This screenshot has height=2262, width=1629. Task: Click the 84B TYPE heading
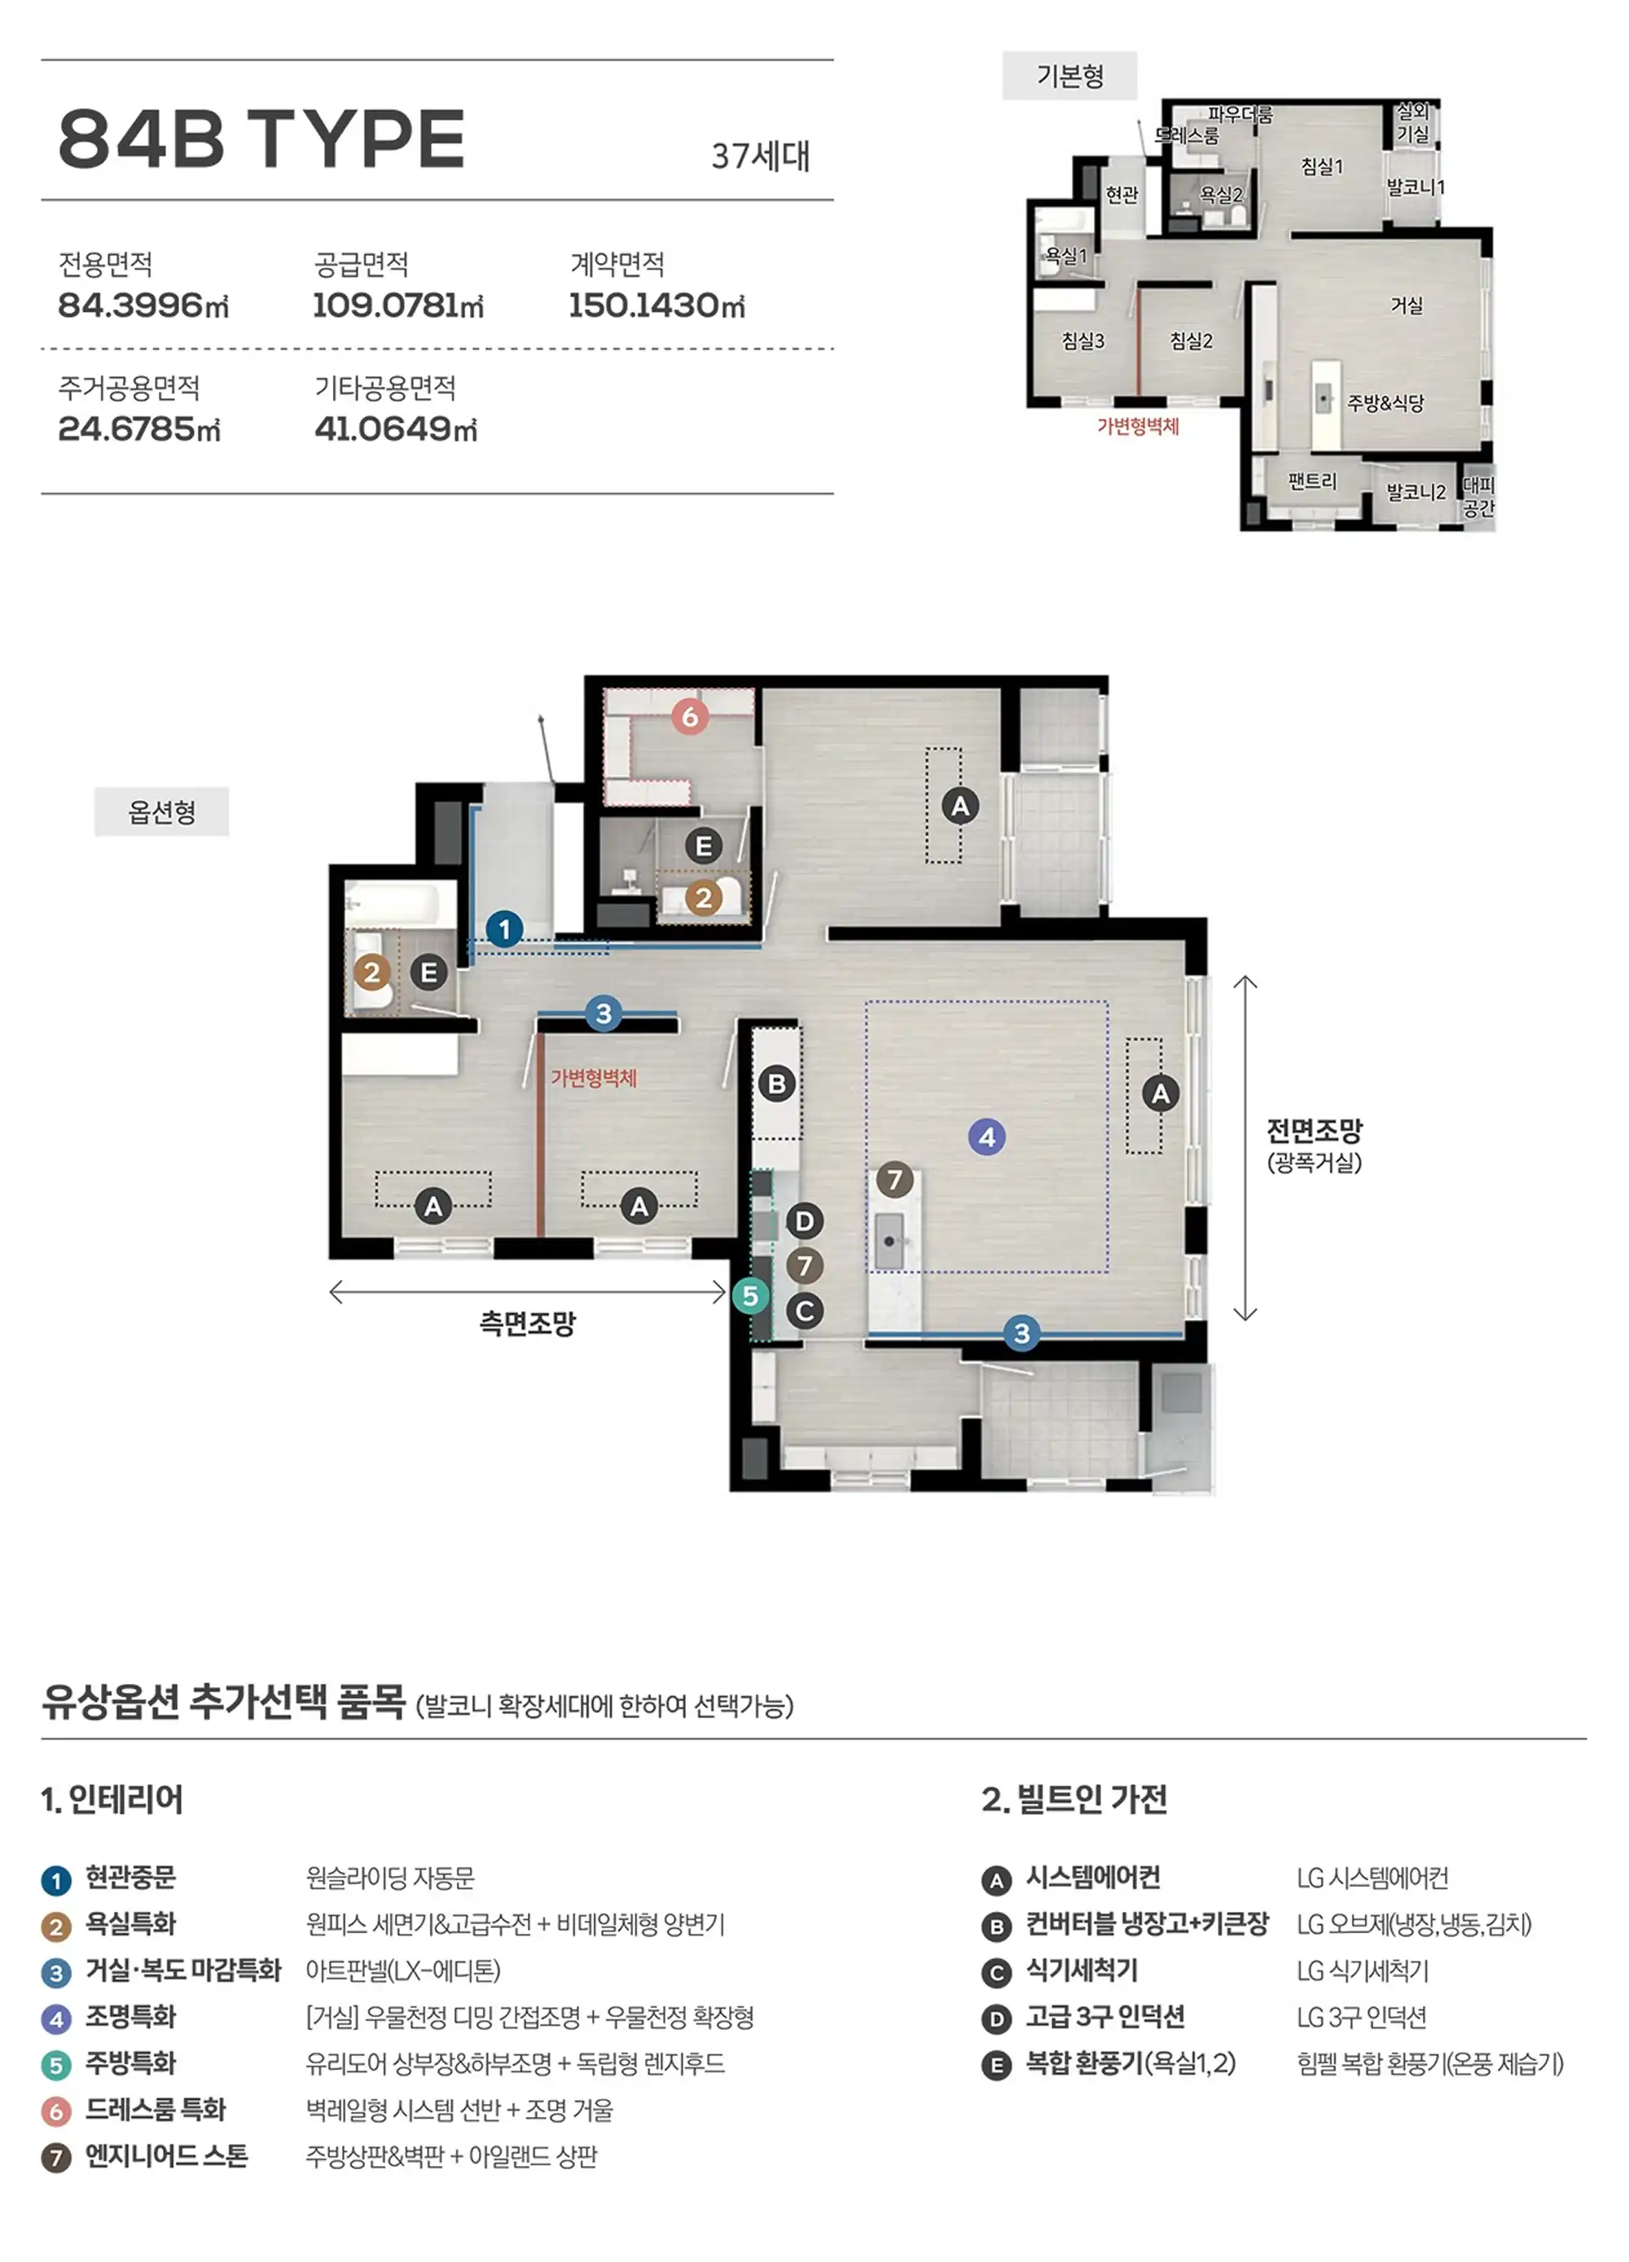pyautogui.click(x=261, y=138)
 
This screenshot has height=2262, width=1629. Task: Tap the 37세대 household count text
pyautogui.click(x=760, y=156)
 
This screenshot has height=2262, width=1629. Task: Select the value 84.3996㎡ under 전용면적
pyautogui.click(x=143, y=305)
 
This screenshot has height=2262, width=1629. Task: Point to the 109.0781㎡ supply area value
pyautogui.click(x=398, y=305)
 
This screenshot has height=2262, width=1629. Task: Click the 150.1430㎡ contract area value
pyautogui.click(x=656, y=305)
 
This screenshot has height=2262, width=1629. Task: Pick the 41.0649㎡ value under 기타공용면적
pyautogui.click(x=396, y=429)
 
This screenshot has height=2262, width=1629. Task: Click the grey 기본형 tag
pyautogui.click(x=1069, y=76)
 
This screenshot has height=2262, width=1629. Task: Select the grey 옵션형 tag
pyautogui.click(x=161, y=812)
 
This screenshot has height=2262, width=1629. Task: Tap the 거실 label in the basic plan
pyautogui.click(x=1407, y=305)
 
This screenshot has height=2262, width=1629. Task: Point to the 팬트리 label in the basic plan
pyautogui.click(x=1312, y=482)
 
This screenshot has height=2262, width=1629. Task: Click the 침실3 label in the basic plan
pyautogui.click(x=1083, y=341)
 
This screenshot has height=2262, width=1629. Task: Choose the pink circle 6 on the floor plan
pyautogui.click(x=689, y=716)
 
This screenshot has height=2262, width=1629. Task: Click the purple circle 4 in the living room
pyautogui.click(x=986, y=1136)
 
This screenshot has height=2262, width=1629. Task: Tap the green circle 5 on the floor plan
pyautogui.click(x=750, y=1295)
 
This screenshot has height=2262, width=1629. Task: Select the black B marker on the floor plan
pyautogui.click(x=777, y=1083)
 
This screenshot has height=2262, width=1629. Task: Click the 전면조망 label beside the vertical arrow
pyautogui.click(x=1314, y=1131)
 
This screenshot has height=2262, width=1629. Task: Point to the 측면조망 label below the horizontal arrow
pyautogui.click(x=528, y=1323)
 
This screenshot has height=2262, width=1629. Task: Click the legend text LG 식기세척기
pyautogui.click(x=1363, y=1970)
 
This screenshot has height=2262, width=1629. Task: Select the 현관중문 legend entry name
pyautogui.click(x=130, y=1878)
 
